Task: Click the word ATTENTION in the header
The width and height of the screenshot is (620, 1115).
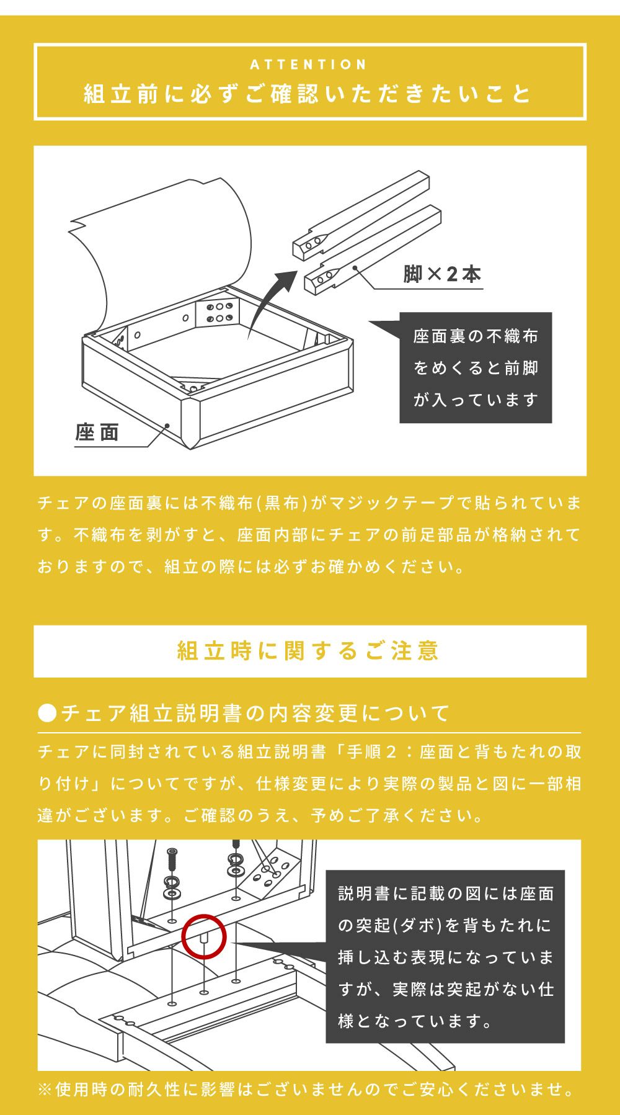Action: tap(309, 65)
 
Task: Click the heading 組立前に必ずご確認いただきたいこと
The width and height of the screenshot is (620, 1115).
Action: tap(309, 94)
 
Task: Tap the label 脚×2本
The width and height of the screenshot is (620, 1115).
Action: tap(442, 274)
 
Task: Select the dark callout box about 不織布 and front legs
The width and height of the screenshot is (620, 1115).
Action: tap(476, 367)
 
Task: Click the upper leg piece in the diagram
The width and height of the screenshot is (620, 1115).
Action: tap(360, 215)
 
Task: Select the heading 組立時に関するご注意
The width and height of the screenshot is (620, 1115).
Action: tap(309, 651)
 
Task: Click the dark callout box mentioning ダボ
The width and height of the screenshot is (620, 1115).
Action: tap(445, 956)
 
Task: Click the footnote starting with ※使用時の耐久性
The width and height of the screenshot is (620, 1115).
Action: tap(308, 1089)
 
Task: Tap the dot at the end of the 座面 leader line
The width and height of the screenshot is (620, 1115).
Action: tap(167, 426)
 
